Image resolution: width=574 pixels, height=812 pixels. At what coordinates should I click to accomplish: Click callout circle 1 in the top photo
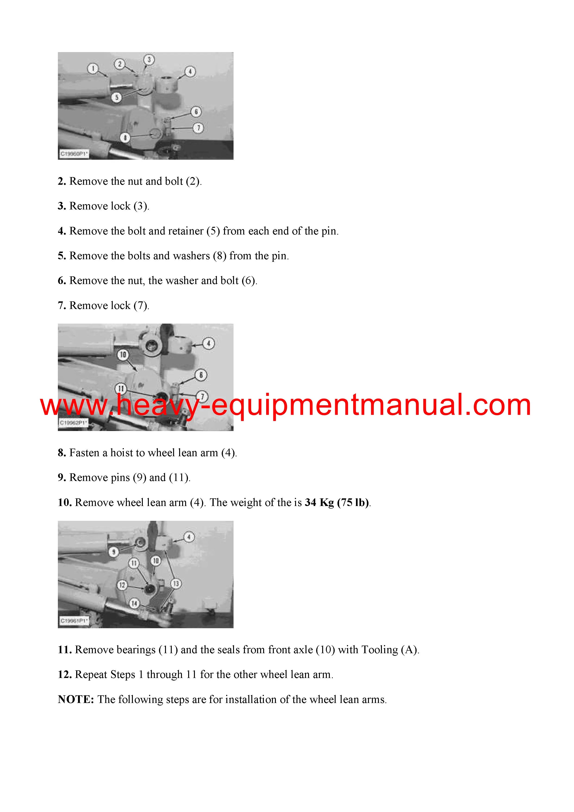(x=93, y=68)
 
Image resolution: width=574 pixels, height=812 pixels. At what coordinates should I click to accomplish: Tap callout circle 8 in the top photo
(x=125, y=137)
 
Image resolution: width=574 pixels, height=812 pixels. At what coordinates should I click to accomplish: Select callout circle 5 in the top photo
(x=117, y=97)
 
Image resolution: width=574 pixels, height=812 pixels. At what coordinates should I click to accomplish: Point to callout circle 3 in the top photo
(x=149, y=59)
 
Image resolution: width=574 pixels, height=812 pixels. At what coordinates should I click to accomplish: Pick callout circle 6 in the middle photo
(x=201, y=375)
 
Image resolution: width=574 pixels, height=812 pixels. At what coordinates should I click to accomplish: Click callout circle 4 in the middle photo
(x=209, y=344)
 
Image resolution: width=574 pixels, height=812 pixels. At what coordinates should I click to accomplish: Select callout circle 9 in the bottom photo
(x=113, y=552)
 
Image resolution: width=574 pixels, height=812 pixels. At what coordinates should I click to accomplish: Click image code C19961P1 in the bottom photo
(x=74, y=621)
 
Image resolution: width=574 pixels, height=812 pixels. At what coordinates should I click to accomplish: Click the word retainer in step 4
(x=186, y=231)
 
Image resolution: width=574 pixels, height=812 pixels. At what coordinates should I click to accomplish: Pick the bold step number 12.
(x=65, y=675)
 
